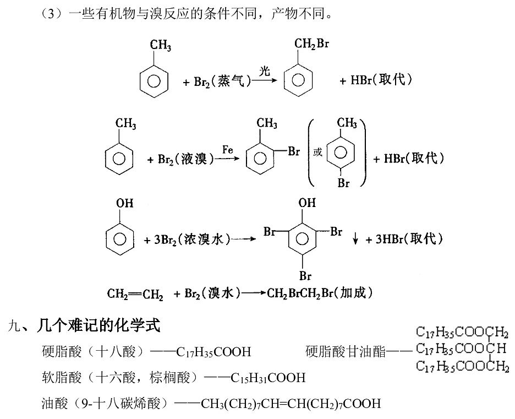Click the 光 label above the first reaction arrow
point(265,70)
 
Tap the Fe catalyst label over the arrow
point(227,150)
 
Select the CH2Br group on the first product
point(311,43)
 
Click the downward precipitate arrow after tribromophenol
point(355,238)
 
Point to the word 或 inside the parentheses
point(317,152)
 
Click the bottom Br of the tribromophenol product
point(305,275)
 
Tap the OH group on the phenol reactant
point(125,203)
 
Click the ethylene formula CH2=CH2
point(135,293)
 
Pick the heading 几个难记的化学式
point(98,325)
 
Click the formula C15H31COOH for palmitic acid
point(268,378)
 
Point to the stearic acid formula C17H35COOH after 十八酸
point(213,352)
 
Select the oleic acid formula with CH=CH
point(291,404)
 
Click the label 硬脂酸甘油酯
point(346,351)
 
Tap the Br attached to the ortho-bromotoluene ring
point(294,151)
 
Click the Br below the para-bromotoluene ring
point(343,183)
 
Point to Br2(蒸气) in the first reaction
point(222,81)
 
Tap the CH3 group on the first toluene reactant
point(161,45)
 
